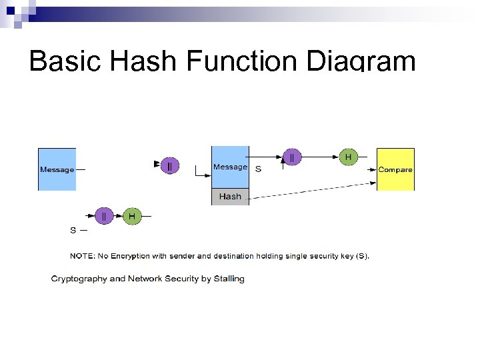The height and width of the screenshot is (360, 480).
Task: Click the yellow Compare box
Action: tap(395, 169)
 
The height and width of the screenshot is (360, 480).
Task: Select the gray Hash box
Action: tap(230, 197)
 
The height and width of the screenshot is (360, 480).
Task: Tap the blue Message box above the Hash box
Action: tap(230, 167)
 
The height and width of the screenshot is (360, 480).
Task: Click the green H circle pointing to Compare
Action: tap(347, 157)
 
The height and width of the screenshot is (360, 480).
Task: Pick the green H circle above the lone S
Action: tap(132, 216)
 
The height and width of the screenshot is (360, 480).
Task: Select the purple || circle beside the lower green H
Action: tap(104, 216)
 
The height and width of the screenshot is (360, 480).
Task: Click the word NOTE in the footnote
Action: tap(83, 255)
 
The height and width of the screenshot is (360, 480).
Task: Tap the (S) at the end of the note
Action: tap(362, 255)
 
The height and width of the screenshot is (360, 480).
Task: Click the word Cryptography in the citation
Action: tap(78, 279)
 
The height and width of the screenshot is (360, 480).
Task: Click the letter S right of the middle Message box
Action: tap(259, 169)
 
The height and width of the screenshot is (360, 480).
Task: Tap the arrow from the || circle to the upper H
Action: tap(319, 157)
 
